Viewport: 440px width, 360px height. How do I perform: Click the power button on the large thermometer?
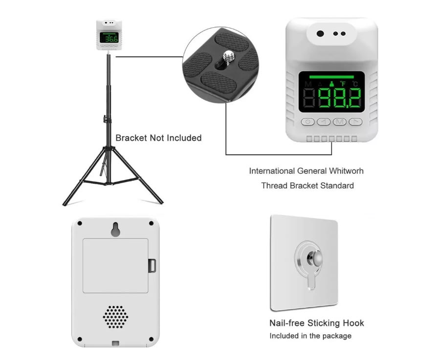coord(308,122)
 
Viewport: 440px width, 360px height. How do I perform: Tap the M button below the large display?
coord(340,122)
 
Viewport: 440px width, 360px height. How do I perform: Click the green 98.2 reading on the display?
coord(340,98)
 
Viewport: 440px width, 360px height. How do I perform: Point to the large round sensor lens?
coord(320,34)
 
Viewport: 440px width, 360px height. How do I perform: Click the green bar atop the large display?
coord(331,77)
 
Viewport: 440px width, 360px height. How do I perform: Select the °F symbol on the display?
coord(343,84)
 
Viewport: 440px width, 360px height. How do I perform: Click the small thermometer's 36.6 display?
coord(109,38)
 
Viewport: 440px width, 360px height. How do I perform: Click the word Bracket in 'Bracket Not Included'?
coord(131,138)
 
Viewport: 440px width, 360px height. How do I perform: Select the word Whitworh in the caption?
coord(346,171)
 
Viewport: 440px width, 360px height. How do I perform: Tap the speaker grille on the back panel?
coord(115,317)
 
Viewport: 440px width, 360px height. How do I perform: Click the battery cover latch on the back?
coord(152,266)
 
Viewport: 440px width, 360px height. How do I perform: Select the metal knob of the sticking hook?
coord(314,258)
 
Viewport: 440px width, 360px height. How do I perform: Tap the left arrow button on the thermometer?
coord(324,122)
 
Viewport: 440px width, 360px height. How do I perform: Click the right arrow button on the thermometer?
coord(355,122)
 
